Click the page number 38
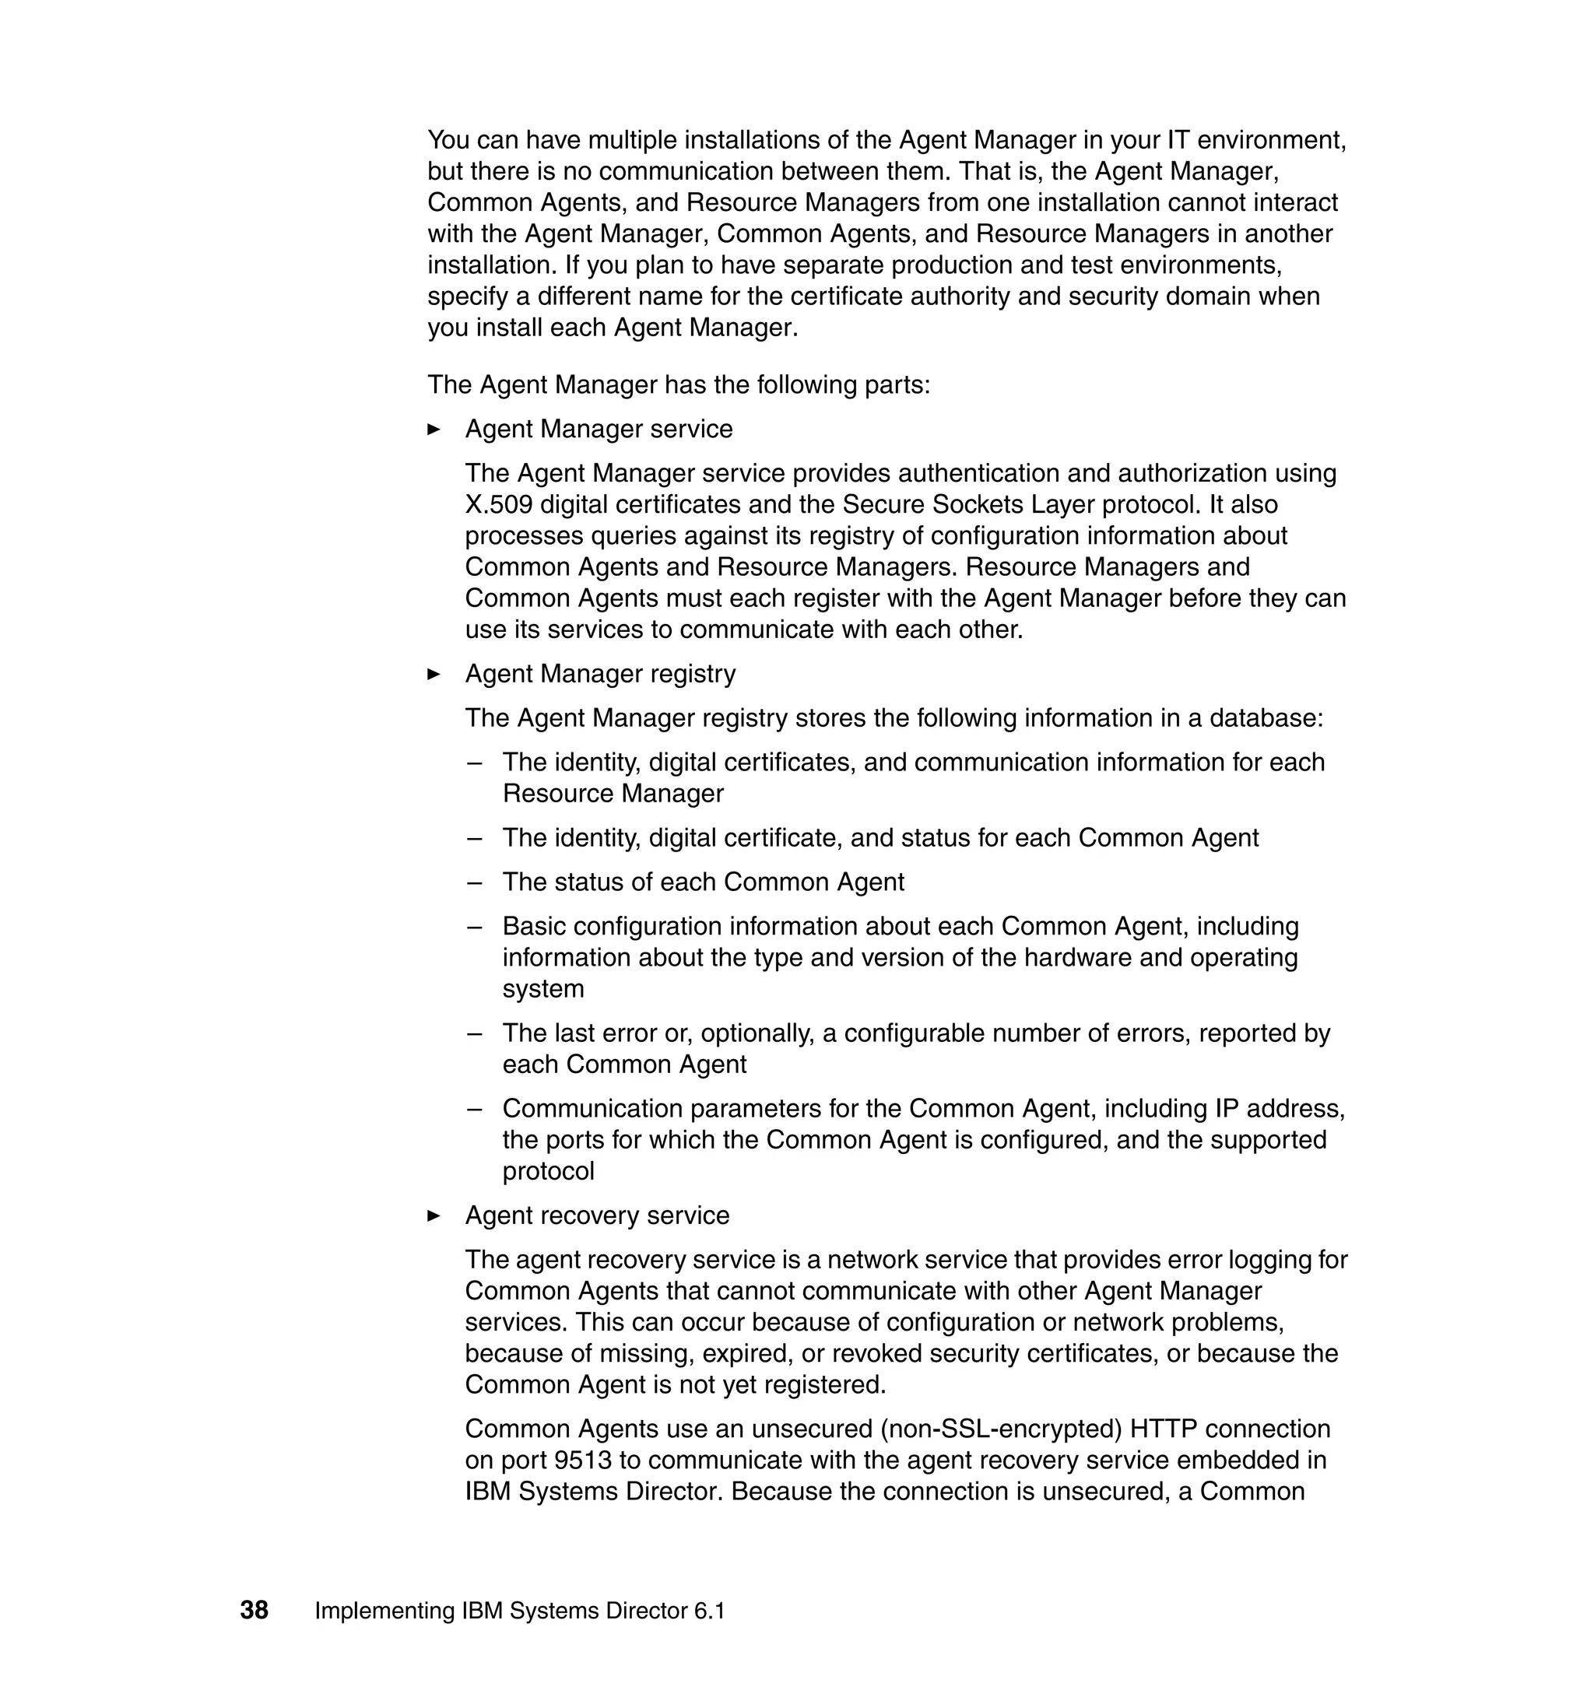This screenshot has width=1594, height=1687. (254, 1611)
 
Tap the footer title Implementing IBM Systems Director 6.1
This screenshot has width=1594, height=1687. (520, 1612)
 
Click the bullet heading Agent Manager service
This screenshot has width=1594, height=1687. (599, 429)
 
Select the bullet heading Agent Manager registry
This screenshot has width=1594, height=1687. (600, 675)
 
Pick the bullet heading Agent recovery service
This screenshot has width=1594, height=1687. (596, 1215)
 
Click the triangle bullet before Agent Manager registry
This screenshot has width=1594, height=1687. (434, 675)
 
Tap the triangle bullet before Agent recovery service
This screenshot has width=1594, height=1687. (434, 1215)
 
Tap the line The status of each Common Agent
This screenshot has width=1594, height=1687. (703, 882)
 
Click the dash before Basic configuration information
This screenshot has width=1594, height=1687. (474, 926)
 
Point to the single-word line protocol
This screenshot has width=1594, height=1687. (548, 1171)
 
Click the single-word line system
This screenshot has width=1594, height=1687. (543, 989)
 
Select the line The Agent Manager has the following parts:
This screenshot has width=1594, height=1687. (679, 385)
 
